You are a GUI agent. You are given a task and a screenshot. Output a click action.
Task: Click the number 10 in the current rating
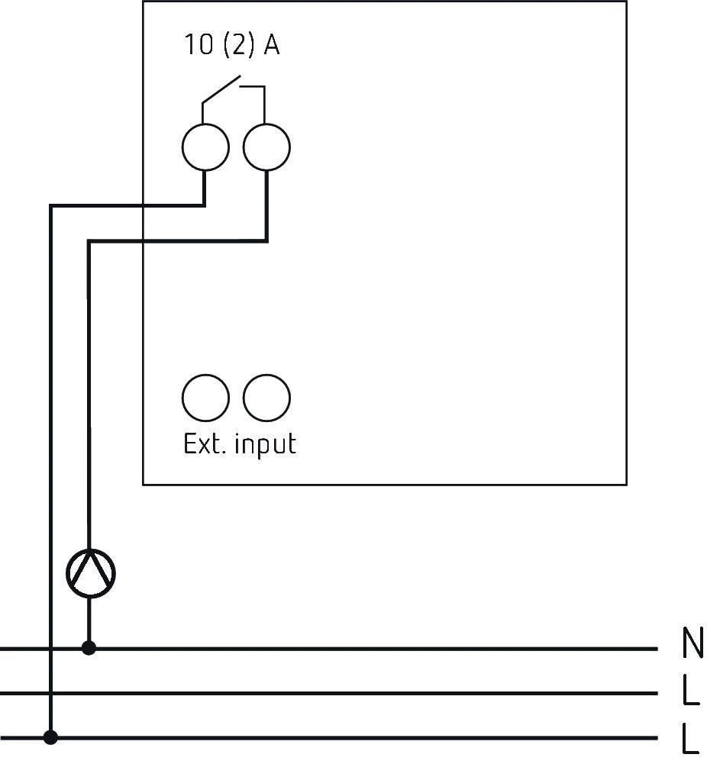click(197, 46)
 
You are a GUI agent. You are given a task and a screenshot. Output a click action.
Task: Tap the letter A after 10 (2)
click(271, 46)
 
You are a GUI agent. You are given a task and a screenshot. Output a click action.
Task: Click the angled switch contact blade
click(221, 89)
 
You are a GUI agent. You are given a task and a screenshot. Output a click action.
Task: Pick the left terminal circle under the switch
click(205, 147)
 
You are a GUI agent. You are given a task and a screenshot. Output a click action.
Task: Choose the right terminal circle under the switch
click(266, 147)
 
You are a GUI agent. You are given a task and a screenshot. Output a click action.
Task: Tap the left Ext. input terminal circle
click(205, 397)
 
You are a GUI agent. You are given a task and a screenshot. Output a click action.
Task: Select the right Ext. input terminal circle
click(266, 397)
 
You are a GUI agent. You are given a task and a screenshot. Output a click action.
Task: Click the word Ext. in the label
click(204, 443)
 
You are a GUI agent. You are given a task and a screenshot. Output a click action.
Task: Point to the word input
click(265, 445)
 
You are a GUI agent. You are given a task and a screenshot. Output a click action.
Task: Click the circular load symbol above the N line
click(90, 573)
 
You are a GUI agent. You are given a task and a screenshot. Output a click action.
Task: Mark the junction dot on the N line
click(89, 648)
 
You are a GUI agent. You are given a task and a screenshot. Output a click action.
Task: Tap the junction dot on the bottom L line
click(50, 737)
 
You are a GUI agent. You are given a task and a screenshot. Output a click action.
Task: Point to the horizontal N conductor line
click(382, 649)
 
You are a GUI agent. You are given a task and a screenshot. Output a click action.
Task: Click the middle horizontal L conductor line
click(382, 693)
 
